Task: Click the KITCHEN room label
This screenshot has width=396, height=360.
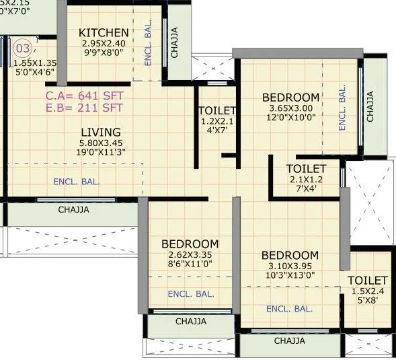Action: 104,33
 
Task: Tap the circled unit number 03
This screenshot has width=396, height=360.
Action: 23,48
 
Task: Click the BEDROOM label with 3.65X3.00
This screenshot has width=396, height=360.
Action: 290,98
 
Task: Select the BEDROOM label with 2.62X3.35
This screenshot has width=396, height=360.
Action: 190,244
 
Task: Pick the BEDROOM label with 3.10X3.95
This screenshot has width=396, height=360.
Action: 290,256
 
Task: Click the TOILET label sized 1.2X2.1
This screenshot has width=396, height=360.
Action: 217,110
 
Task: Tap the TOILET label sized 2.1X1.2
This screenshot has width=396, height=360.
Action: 306,168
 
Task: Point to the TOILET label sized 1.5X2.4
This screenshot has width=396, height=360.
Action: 367,280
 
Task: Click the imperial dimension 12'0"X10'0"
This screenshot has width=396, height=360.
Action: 290,118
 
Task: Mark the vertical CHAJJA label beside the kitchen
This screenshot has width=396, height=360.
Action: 175,42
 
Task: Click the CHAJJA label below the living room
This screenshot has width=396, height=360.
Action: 74,209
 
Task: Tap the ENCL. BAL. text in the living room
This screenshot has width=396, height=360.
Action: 77,181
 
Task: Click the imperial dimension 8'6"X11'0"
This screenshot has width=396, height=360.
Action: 190,264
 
